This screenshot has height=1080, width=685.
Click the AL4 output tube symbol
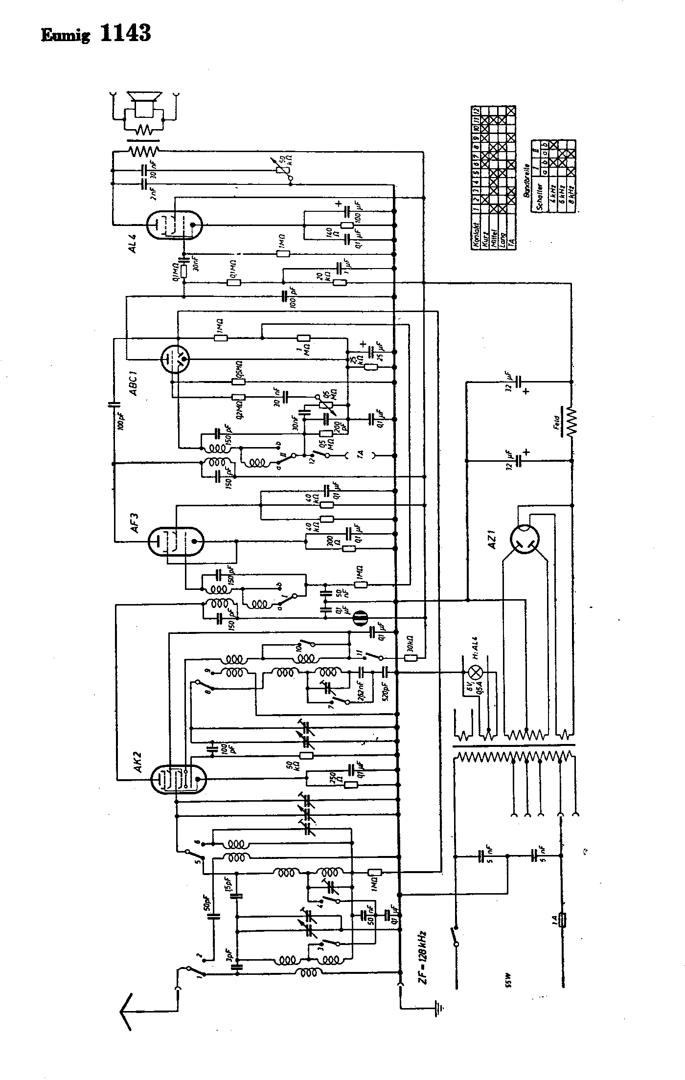tap(175, 225)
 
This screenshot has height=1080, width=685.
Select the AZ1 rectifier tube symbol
tap(524, 540)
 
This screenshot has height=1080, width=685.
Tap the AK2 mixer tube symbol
tap(179, 779)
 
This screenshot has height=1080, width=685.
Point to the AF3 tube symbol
tap(175, 541)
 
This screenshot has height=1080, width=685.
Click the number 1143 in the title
tap(125, 33)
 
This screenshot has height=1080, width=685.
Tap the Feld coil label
tap(557, 422)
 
